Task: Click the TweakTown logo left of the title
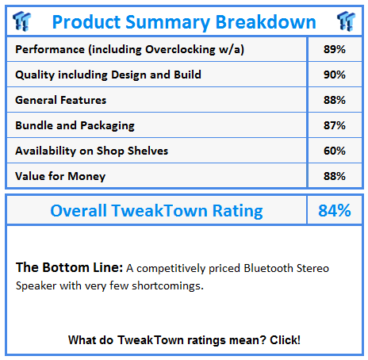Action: (x=21, y=21)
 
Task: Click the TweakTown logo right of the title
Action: (x=346, y=21)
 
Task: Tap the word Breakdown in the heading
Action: (x=266, y=22)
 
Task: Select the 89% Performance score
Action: (x=335, y=49)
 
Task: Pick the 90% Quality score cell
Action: (x=335, y=75)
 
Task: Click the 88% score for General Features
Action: (x=335, y=100)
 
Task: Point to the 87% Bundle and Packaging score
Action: (x=335, y=125)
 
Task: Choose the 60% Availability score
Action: (x=335, y=151)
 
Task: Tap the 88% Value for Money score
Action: (x=335, y=176)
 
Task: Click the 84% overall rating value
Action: (x=335, y=211)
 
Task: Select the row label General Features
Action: (x=61, y=100)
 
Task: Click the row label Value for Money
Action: (x=60, y=176)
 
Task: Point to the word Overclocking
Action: (x=180, y=50)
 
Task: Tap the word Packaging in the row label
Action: (x=107, y=126)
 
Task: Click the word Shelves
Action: (x=148, y=151)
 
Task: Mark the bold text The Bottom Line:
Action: (x=69, y=267)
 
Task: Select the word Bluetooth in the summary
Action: (x=268, y=268)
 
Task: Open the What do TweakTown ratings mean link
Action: (x=184, y=340)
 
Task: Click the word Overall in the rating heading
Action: (x=79, y=211)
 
